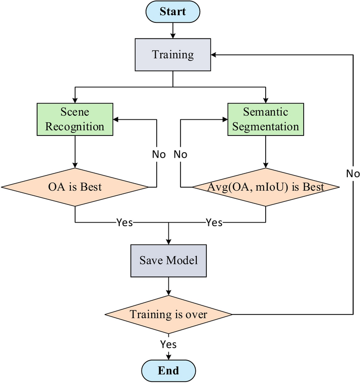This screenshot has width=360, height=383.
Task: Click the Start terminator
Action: pyautogui.click(x=173, y=11)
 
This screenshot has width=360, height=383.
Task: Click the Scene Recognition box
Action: pyautogui.click(x=75, y=119)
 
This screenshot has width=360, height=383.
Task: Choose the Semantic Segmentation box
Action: pyautogui.click(x=265, y=119)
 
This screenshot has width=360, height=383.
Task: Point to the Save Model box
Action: pyautogui.click(x=168, y=260)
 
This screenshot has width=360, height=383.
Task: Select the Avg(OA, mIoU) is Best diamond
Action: pyautogui.click(x=265, y=187)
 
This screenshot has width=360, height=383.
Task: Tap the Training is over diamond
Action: pyautogui.click(x=168, y=315)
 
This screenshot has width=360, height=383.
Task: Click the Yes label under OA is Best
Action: pyautogui.click(x=124, y=222)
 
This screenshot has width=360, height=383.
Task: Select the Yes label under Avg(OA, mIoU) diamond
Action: pyautogui.click(x=214, y=222)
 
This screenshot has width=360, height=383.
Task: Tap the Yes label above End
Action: pyautogui.click(x=168, y=344)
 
